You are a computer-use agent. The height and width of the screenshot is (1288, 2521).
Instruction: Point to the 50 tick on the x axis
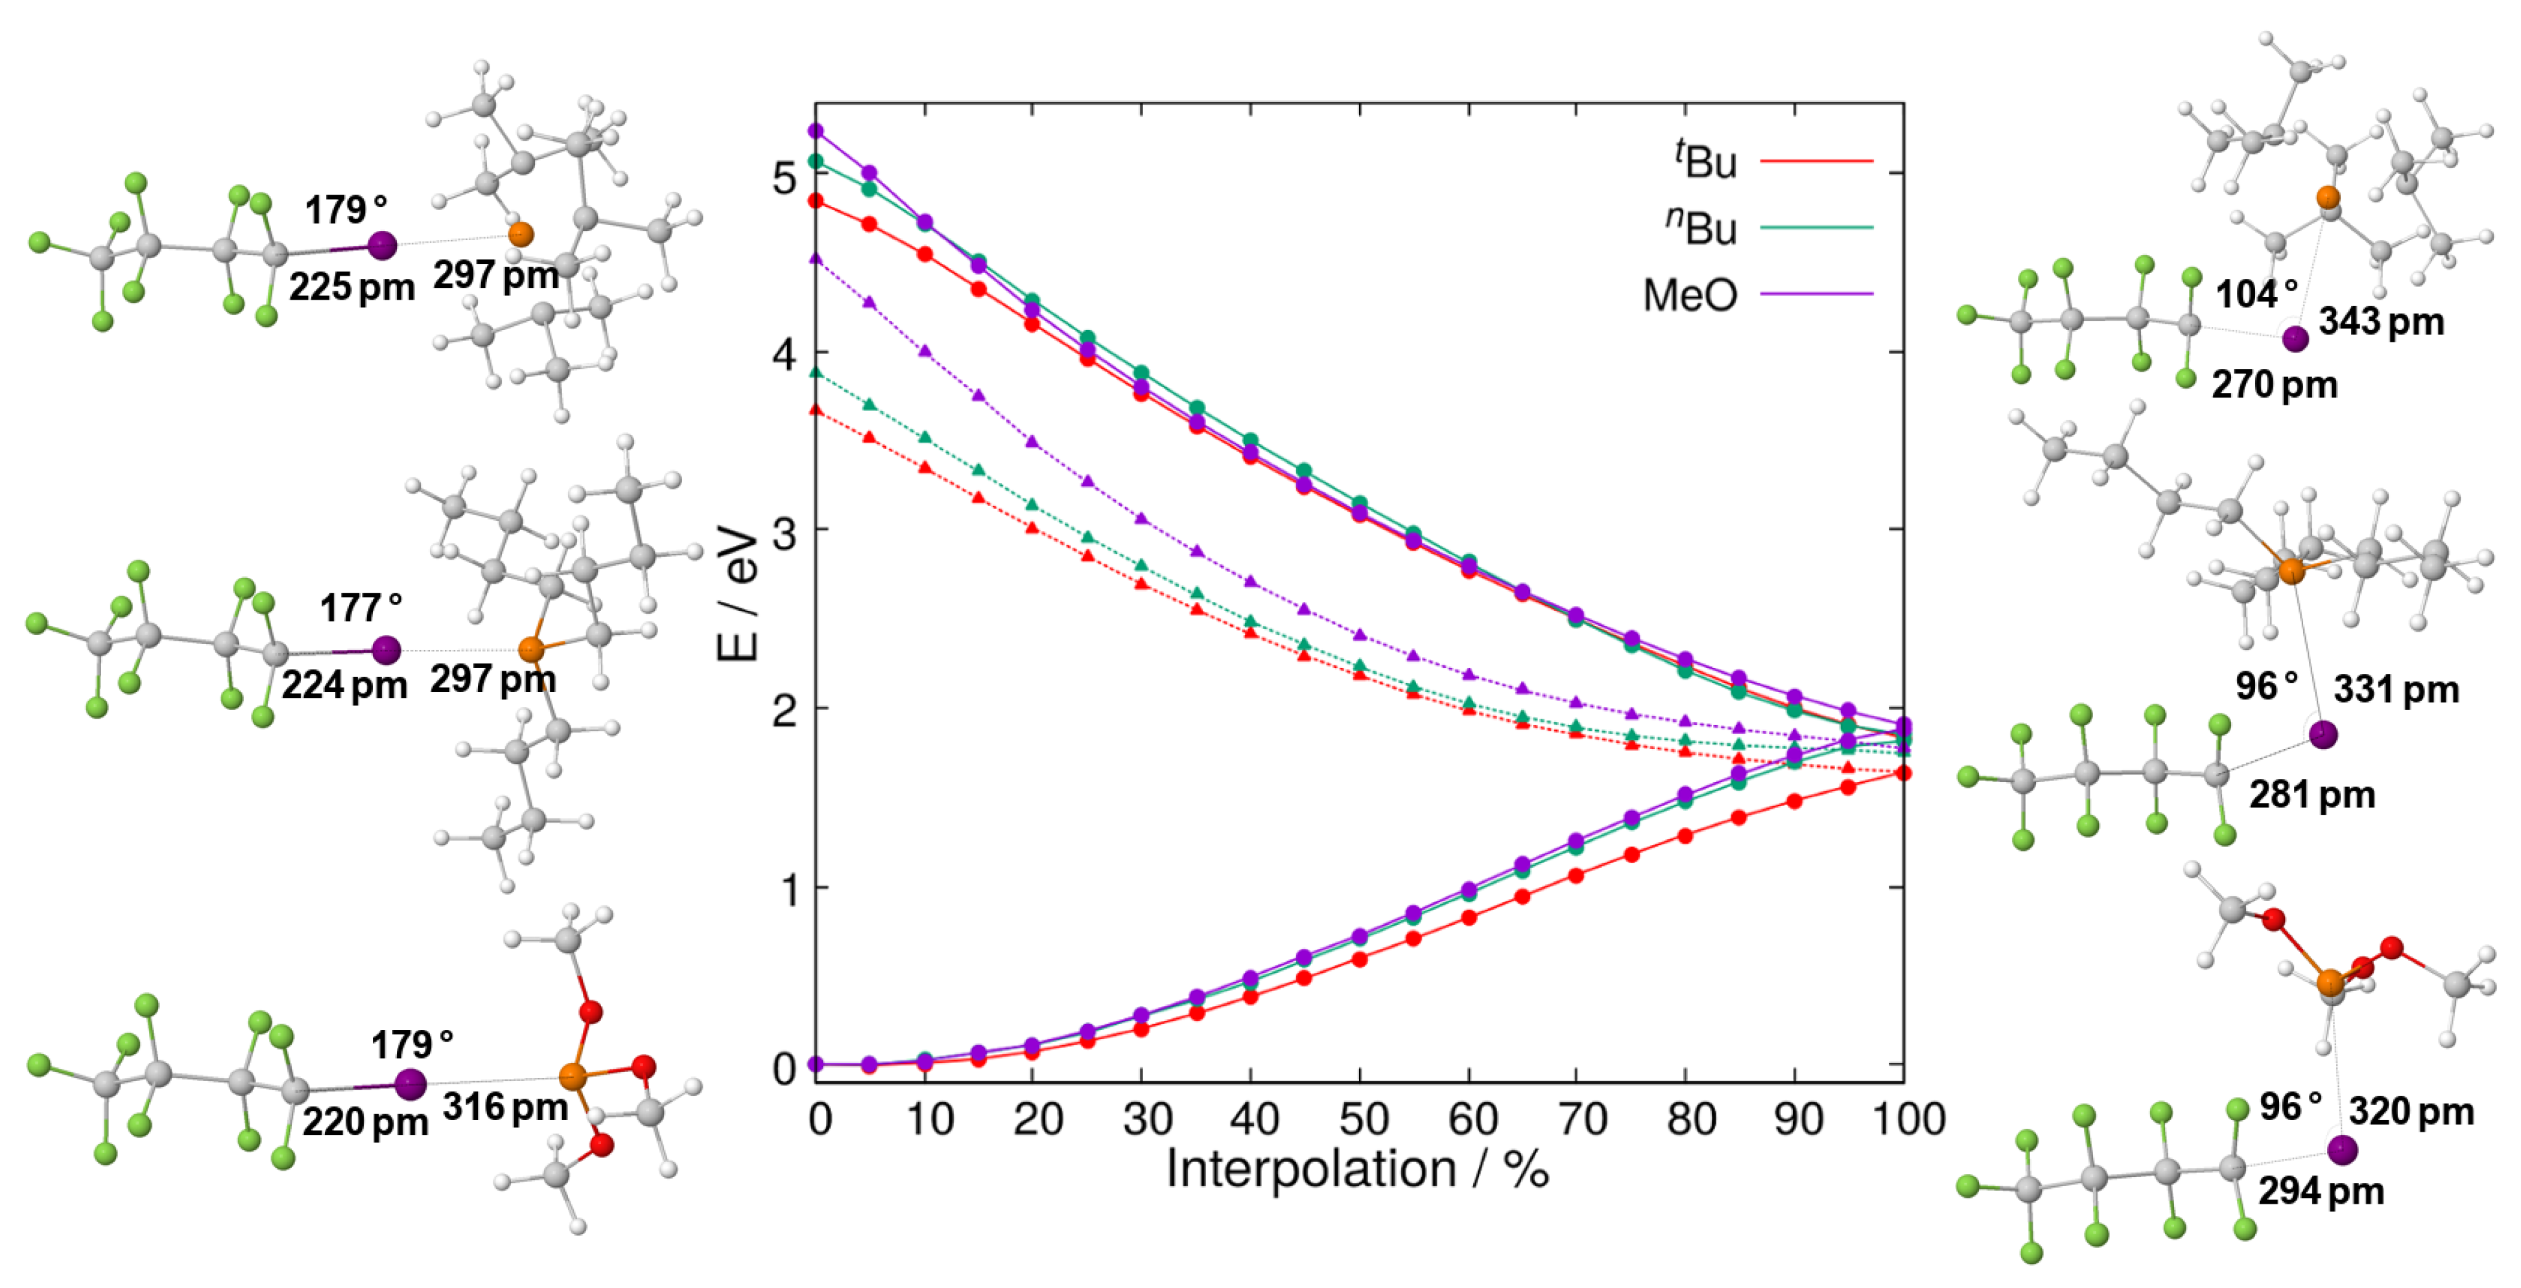pos(1361,1119)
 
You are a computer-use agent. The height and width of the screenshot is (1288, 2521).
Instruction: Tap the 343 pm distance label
pos(2380,321)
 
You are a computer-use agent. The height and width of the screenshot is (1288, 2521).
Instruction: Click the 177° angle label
pos(360,608)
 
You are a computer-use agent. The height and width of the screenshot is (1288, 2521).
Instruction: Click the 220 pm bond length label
pos(364,1121)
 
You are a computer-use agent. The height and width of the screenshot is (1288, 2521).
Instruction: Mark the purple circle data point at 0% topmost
pos(815,130)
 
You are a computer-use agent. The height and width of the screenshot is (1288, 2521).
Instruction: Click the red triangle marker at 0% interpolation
pos(815,410)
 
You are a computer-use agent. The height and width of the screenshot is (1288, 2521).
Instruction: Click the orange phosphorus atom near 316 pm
pos(573,1078)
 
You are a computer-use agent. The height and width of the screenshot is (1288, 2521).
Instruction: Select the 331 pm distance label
pos(2395,690)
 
